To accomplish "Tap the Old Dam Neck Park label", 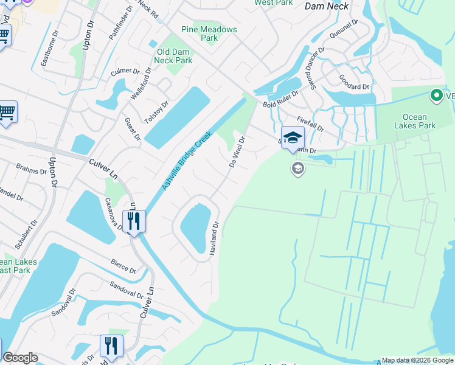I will (x=175, y=56).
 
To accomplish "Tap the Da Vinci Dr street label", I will (x=237, y=152).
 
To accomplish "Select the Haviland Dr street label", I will (x=214, y=238).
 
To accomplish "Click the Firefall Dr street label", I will (x=310, y=125).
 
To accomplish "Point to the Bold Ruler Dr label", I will (x=280, y=99).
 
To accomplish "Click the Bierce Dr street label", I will (x=123, y=266).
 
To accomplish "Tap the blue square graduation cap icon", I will (x=293, y=136).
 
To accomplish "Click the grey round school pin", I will (x=297, y=168).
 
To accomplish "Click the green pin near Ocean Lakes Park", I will (x=436, y=95).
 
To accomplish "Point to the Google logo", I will (x=20, y=358).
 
